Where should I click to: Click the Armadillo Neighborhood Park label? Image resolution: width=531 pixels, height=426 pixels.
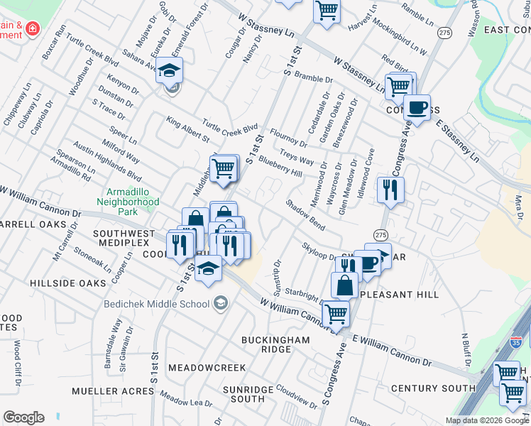132,197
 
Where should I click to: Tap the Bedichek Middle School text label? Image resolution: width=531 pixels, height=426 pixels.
156,304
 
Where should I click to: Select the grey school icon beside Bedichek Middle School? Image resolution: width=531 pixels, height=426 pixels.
221,304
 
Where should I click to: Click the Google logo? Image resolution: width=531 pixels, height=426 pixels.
23,417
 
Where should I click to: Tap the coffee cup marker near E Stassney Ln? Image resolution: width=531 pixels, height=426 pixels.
416,109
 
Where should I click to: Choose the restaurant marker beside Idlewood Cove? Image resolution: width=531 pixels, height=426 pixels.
390,189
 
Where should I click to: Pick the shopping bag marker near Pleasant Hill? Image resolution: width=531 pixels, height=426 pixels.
345,285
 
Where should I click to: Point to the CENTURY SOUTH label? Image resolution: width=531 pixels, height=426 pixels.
432,388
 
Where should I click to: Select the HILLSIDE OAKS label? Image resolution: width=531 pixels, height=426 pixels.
68,283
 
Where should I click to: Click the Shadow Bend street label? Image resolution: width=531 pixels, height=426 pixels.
305,214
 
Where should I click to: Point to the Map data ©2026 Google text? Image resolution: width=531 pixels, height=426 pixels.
486,420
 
